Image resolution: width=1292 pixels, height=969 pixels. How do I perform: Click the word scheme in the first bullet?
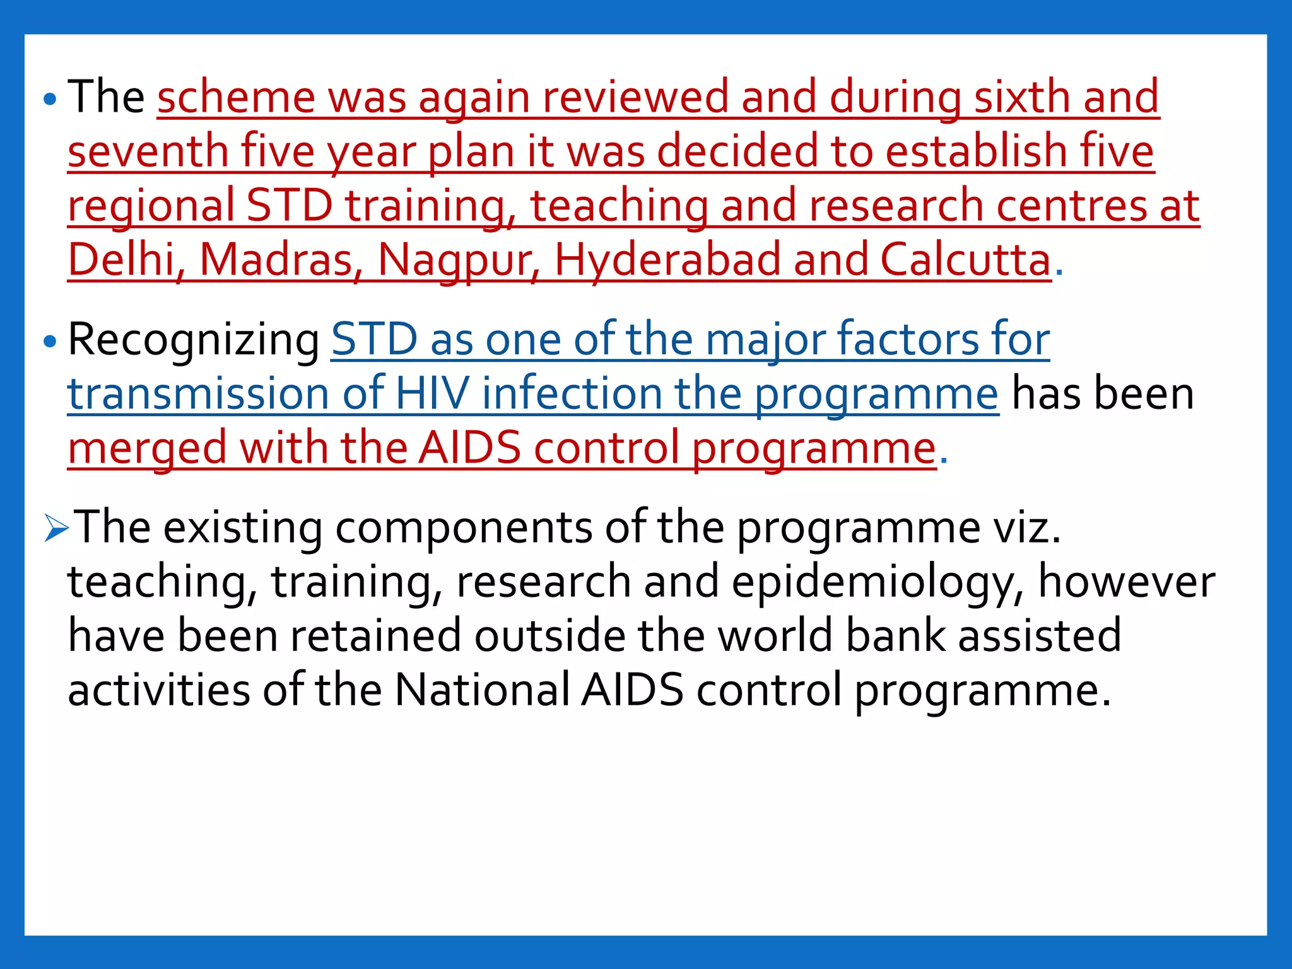235,98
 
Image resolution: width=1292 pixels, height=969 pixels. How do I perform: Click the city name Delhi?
121,260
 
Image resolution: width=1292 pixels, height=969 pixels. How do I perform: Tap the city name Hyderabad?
667,260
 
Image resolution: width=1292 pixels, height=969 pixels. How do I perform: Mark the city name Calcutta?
965,260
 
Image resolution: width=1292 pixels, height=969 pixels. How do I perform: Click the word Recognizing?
193,341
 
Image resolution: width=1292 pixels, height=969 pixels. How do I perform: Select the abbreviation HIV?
432,394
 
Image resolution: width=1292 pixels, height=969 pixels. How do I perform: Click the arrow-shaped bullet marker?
56,529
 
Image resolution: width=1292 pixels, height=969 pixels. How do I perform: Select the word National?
482,690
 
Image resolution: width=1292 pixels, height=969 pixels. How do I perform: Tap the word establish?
972,152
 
